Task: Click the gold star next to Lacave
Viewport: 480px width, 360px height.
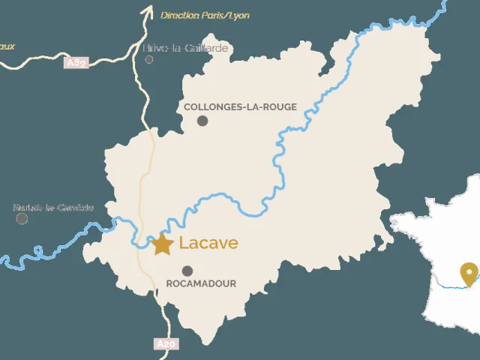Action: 162,244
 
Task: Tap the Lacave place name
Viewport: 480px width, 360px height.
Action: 208,243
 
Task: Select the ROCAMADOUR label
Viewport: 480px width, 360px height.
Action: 200,283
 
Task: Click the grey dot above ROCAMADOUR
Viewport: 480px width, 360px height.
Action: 187,271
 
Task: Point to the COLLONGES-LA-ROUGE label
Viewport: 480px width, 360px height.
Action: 240,106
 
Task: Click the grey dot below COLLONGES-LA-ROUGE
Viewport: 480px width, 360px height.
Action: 202,121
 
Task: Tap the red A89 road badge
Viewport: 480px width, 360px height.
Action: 76,63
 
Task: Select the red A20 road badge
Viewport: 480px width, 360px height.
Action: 166,343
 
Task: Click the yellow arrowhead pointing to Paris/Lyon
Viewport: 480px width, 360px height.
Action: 147,10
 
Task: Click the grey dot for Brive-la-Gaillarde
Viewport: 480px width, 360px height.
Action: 149,58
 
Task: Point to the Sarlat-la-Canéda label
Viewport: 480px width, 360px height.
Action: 53,207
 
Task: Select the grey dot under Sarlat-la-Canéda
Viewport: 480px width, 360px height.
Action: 22,218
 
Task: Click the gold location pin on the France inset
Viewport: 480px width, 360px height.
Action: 469,273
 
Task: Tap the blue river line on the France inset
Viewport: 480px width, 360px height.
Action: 450,286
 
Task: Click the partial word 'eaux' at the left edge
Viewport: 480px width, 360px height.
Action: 7,46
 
